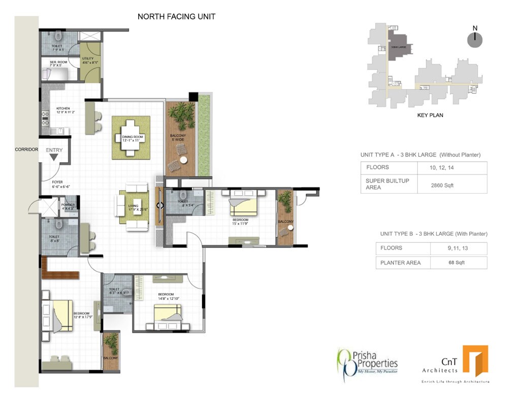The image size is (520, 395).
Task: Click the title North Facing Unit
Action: point(176,17)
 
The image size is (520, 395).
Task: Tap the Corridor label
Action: point(26,150)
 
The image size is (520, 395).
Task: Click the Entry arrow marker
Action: point(54,157)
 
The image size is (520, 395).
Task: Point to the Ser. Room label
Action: point(55,63)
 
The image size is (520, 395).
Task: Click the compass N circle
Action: point(475,40)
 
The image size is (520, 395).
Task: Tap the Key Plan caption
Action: point(430,115)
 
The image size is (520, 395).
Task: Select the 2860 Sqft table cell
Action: point(442,186)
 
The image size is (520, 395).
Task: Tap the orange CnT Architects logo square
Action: point(475,361)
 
